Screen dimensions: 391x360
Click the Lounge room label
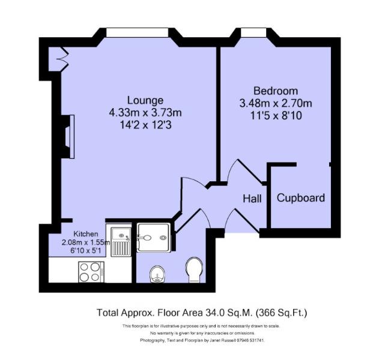145,100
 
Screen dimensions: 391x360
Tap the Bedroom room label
276,91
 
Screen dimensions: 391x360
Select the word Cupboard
301,198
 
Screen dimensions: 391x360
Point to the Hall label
252,199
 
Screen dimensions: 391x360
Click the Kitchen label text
86,234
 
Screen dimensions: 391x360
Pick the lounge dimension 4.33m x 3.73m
145,113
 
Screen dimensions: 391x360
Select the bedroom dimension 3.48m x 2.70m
276,103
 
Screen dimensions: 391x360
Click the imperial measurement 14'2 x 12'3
145,125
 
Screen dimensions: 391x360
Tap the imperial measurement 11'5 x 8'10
276,116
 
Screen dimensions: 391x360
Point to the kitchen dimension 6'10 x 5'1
86,250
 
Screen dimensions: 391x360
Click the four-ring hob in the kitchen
91,272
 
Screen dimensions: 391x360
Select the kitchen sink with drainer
121,242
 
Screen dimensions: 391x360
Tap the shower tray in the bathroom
154,238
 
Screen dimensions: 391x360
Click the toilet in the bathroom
194,270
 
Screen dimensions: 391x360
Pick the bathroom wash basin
157,274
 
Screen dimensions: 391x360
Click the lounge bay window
137,32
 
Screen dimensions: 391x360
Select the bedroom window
253,32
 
